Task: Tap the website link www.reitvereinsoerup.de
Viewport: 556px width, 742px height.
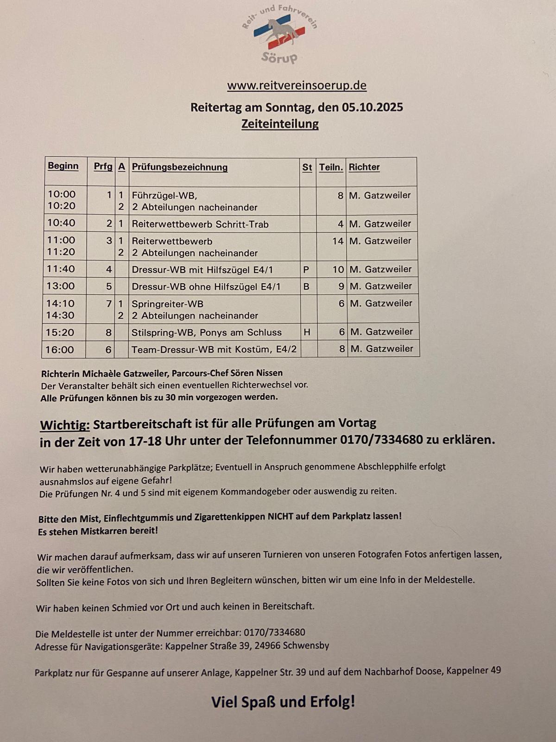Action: pyautogui.click(x=297, y=85)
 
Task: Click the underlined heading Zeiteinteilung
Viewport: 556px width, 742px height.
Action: pyautogui.click(x=280, y=124)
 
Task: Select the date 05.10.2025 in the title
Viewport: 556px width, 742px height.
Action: pyautogui.click(x=373, y=108)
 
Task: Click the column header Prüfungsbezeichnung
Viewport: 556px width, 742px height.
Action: pyautogui.click(x=180, y=167)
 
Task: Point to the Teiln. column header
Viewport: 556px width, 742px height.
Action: pyautogui.click(x=331, y=167)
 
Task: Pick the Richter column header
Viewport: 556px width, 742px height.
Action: pyautogui.click(x=364, y=167)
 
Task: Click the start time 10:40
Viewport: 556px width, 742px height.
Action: pyautogui.click(x=61, y=223)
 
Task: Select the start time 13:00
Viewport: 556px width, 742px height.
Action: pyautogui.click(x=60, y=286)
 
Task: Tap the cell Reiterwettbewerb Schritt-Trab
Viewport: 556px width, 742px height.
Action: pyautogui.click(x=200, y=224)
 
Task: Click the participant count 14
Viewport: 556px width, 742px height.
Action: pyautogui.click(x=338, y=241)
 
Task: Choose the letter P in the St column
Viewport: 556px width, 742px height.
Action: pyautogui.click(x=306, y=269)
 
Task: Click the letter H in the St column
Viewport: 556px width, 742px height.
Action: pyautogui.click(x=307, y=332)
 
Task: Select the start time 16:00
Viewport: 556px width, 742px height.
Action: pyautogui.click(x=59, y=350)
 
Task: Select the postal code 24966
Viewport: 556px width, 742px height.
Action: pyautogui.click(x=266, y=646)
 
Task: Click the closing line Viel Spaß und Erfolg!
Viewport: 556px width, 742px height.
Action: pyautogui.click(x=283, y=702)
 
